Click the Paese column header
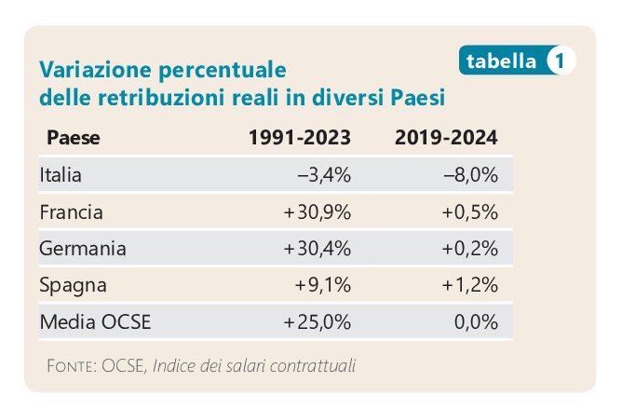click(73, 138)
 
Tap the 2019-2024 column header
click(446, 138)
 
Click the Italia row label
click(61, 175)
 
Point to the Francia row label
click(71, 212)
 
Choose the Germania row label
click(83, 249)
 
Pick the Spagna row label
click(73, 286)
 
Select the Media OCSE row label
click(95, 323)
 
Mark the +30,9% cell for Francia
click(317, 212)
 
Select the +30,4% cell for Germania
click(317, 249)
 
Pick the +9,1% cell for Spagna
click(322, 286)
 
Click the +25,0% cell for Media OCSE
click(317, 323)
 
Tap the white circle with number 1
click(560, 61)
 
